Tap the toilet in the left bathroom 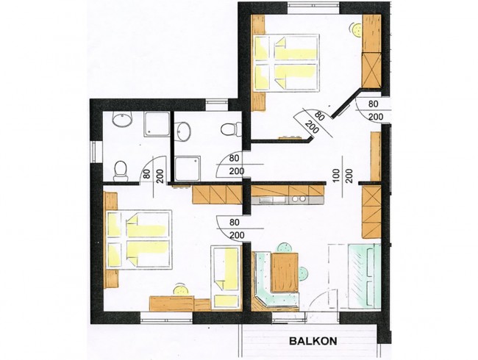coord(122,170)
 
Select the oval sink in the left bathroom coord(119,120)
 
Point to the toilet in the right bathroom coord(230,129)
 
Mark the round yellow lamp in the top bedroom coord(357,30)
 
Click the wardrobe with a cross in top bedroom coord(372,69)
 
